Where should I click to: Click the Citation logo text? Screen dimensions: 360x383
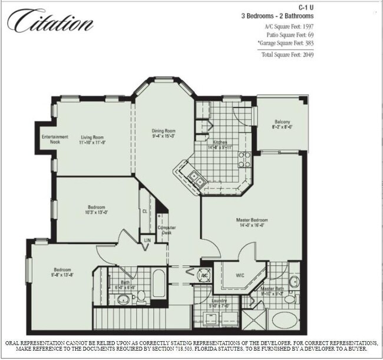[50, 22]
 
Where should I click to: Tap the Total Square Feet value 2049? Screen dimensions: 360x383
[307, 55]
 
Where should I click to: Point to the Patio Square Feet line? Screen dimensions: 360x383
[289, 36]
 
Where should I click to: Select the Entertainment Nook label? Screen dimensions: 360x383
[55, 140]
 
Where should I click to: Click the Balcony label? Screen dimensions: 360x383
[282, 122]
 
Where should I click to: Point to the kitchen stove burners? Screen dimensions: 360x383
[244, 158]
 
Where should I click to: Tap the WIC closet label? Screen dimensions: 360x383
[240, 275]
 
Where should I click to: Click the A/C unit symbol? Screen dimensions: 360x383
[204, 276]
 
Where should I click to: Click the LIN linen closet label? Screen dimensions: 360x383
[147, 240]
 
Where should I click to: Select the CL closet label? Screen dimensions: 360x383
[144, 211]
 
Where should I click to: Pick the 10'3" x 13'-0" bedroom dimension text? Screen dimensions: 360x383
[97, 213]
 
